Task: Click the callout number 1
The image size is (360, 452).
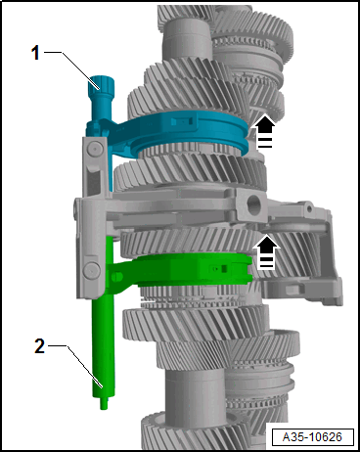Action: pyautogui.click(x=35, y=53)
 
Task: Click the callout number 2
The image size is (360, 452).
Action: pyautogui.click(x=39, y=346)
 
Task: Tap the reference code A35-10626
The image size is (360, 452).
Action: pyautogui.click(x=312, y=436)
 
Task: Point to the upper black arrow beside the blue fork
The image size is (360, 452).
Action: pyautogui.click(x=265, y=131)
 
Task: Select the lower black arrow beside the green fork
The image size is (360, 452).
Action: pyautogui.click(x=267, y=252)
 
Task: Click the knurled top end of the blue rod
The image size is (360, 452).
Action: pyautogui.click(x=101, y=85)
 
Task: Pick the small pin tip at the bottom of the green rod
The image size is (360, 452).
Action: pyautogui.click(x=104, y=403)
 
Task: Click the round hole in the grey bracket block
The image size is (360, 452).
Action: pyautogui.click(x=254, y=204)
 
